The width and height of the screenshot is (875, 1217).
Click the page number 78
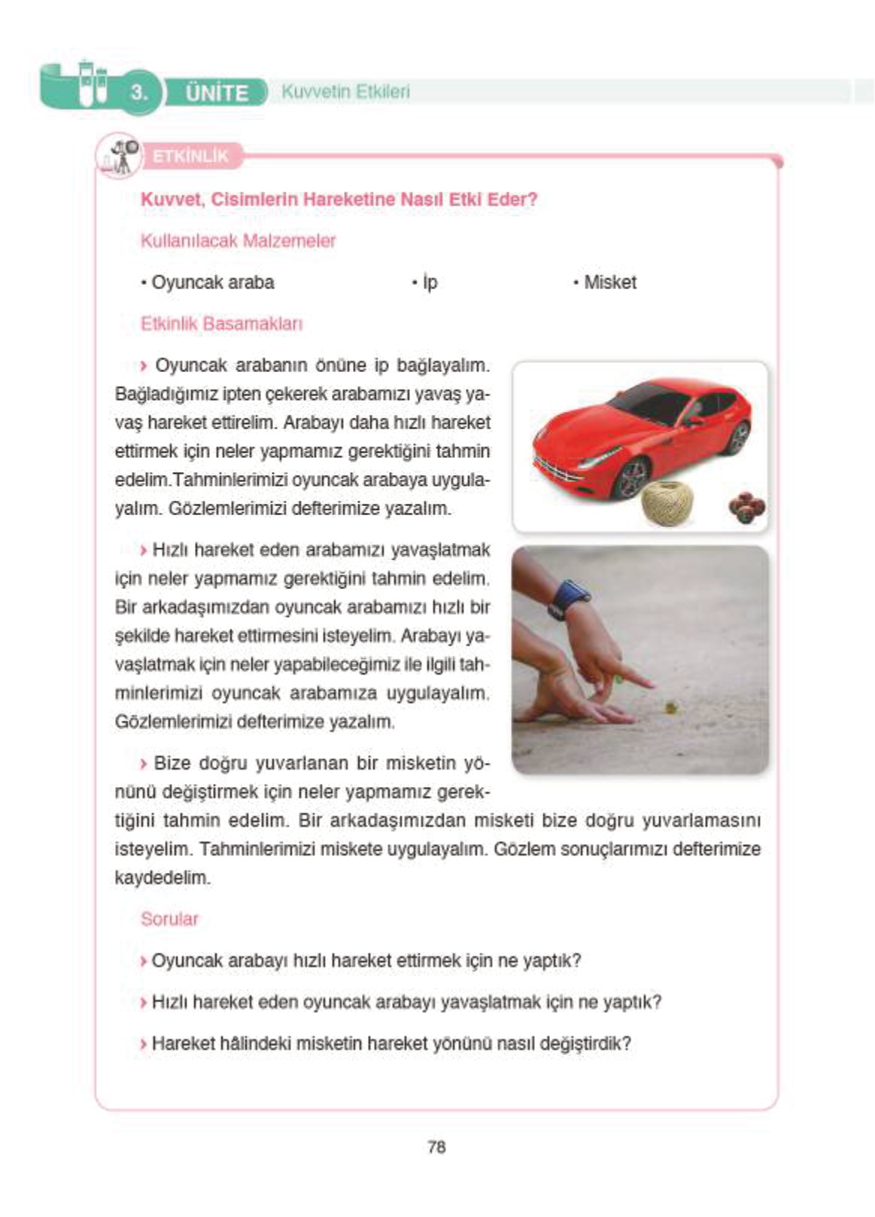[x=436, y=1147]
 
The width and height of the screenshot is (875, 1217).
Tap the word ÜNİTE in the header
[x=217, y=93]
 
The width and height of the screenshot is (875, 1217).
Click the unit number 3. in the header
[x=139, y=93]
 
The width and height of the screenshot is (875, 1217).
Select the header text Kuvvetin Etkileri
[x=345, y=92]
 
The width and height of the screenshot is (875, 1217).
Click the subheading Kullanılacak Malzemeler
[x=238, y=241]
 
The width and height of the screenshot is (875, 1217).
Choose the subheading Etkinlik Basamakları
[x=221, y=324]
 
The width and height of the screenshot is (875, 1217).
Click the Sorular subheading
[x=169, y=919]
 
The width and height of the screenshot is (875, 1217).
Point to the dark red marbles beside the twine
[x=746, y=508]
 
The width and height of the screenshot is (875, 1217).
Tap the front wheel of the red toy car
[x=633, y=478]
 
